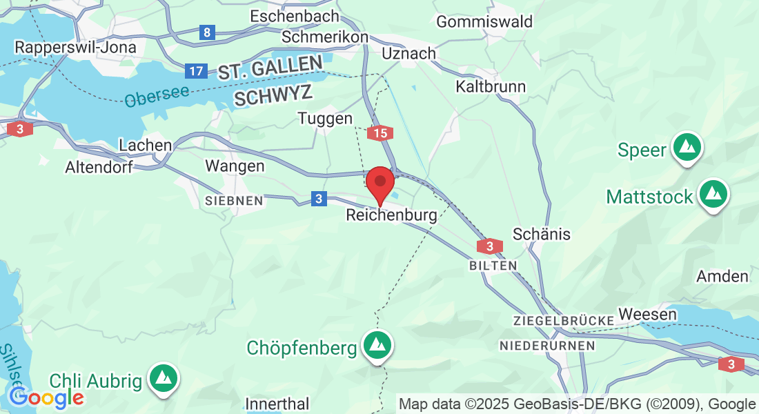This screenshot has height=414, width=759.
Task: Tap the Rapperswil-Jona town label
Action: (76, 48)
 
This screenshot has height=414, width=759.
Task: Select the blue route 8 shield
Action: (206, 32)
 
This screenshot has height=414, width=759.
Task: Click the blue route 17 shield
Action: (196, 70)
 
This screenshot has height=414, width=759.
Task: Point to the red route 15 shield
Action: (381, 133)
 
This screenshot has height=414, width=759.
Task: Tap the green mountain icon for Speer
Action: (687, 147)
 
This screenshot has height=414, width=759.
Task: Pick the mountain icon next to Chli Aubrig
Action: (164, 377)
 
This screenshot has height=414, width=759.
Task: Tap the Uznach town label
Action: (409, 53)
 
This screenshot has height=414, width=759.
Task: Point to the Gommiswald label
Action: (484, 21)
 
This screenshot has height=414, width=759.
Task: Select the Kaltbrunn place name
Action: (491, 87)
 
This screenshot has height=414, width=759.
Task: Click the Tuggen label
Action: (325, 119)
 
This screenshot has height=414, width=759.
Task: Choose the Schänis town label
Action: (542, 234)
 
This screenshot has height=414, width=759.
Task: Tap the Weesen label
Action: (648, 314)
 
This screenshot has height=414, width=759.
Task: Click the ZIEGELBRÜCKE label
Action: (564, 321)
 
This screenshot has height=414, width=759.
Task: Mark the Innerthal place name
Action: (278, 404)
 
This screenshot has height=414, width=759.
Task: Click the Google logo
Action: (46, 398)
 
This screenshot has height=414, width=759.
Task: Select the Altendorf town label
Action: (99, 167)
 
